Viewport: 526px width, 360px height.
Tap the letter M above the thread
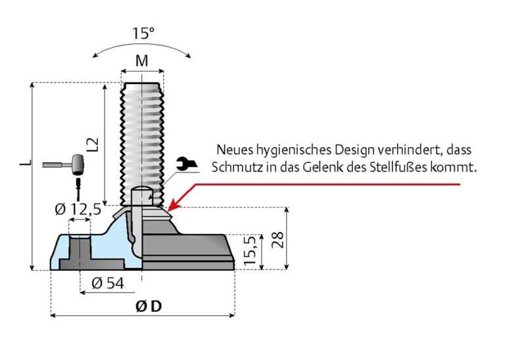[141, 61]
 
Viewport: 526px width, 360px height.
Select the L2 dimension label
[93, 146]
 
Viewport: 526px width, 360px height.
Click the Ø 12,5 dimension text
[78, 209]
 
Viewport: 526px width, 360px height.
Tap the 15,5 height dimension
[249, 251]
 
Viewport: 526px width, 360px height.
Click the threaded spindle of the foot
[141, 131]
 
